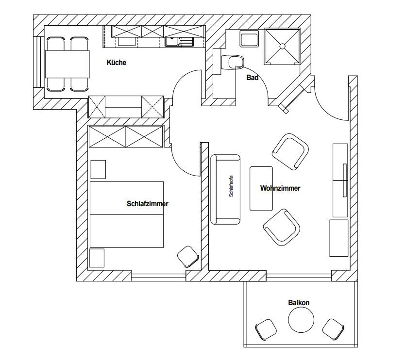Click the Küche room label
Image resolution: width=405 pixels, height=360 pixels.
click(117, 63)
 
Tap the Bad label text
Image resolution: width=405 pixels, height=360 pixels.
click(253, 78)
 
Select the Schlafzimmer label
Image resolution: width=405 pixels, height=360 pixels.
click(148, 204)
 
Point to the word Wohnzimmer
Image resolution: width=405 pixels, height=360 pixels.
click(280, 188)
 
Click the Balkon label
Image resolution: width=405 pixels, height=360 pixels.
click(299, 302)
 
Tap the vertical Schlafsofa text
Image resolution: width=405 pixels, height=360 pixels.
click(231, 186)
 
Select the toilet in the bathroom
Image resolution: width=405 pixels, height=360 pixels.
click(233, 62)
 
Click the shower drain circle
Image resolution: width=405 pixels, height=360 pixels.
click(282, 46)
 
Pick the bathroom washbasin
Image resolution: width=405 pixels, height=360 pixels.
click(249, 39)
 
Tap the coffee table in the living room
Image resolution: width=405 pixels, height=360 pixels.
click(261, 189)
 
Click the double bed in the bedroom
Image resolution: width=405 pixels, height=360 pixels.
click(127, 214)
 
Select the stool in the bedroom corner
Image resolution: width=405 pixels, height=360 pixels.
click(188, 256)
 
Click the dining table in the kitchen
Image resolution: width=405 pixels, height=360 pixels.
click(67, 64)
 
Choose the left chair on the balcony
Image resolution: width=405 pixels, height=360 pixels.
click(266, 329)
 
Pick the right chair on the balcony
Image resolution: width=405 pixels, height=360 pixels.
click(333, 329)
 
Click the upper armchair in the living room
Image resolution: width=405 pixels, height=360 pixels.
click(290, 152)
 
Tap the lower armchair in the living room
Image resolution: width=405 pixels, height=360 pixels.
click(282, 228)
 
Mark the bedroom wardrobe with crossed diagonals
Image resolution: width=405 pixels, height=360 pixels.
click(126, 136)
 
